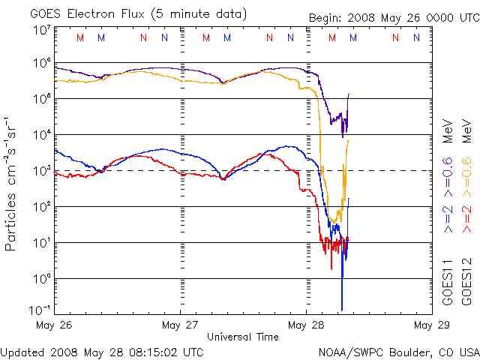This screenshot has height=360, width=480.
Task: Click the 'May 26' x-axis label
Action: tap(53, 325)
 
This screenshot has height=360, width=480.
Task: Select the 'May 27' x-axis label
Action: tap(179, 325)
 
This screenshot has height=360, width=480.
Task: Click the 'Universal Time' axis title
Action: tap(242, 337)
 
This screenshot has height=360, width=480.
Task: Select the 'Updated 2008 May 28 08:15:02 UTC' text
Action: tap(102, 351)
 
